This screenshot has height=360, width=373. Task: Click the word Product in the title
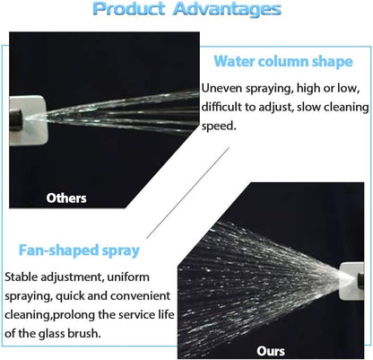click(129, 9)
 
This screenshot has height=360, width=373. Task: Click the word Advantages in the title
click(227, 9)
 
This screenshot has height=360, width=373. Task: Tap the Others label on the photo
click(66, 198)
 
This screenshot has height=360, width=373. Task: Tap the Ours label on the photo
click(271, 351)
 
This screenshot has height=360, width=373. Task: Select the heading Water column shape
click(283, 61)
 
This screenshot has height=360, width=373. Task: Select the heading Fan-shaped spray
click(79, 250)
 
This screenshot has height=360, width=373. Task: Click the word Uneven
click(222, 88)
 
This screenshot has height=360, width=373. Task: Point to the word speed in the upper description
click(218, 127)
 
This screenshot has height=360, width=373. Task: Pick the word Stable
click(22, 277)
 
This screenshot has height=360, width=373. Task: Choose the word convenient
click(140, 296)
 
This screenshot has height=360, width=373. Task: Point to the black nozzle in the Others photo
click(15, 119)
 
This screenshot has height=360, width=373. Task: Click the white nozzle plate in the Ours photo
click(351, 281)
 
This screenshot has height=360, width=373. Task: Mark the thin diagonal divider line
click(187, 193)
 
